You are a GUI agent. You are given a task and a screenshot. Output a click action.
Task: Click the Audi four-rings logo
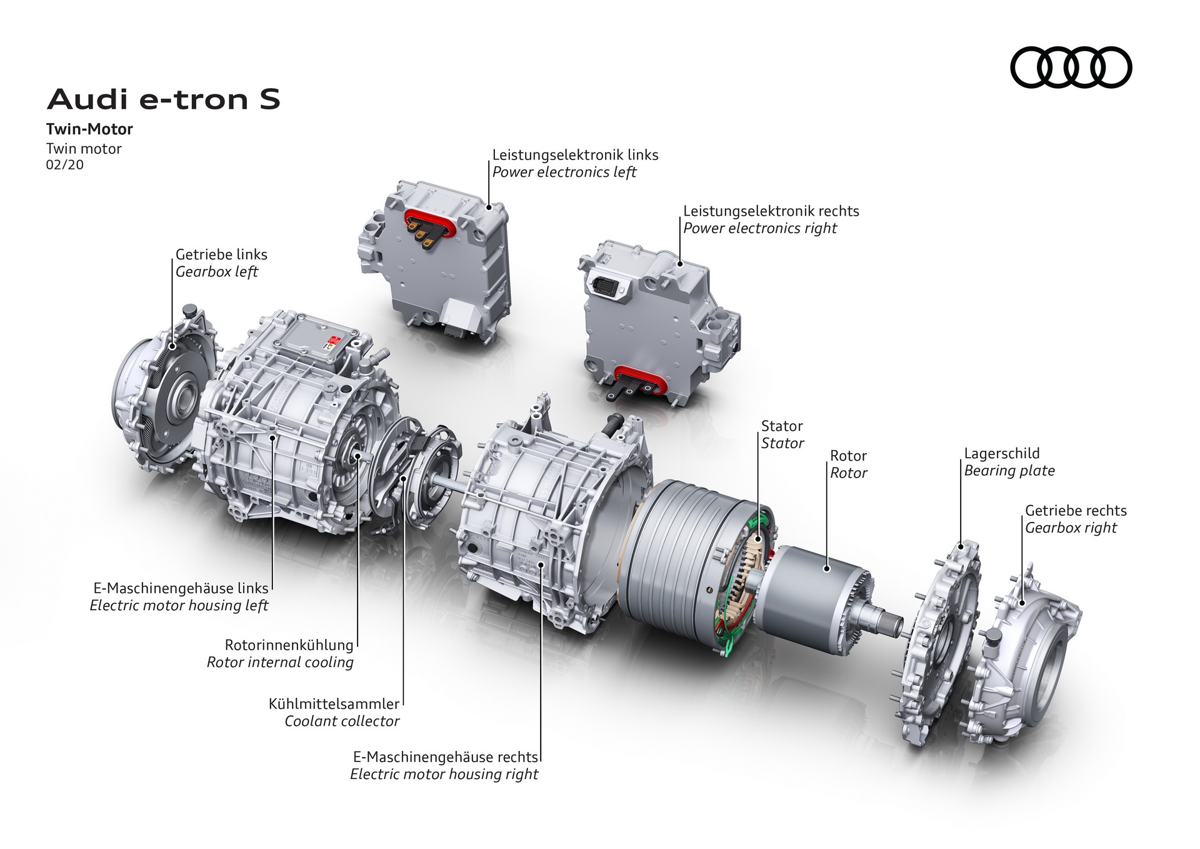click(x=1071, y=67)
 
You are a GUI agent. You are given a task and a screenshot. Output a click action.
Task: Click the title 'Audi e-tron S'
click(x=164, y=99)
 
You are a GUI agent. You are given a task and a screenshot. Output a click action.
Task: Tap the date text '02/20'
click(x=64, y=165)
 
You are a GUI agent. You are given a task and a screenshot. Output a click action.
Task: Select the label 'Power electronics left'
click(x=564, y=172)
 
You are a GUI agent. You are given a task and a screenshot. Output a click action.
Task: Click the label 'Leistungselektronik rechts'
click(x=771, y=211)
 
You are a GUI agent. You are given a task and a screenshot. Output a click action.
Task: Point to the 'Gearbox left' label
click(x=216, y=272)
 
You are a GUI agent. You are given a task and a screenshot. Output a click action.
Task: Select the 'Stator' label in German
click(x=781, y=426)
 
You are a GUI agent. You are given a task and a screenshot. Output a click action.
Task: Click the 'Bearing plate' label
click(x=1009, y=471)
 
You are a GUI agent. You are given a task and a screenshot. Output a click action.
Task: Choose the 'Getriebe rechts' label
click(x=1075, y=511)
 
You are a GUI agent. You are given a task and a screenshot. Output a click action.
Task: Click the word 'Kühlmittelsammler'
click(x=334, y=704)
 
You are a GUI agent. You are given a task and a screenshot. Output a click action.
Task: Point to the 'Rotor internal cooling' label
click(x=280, y=662)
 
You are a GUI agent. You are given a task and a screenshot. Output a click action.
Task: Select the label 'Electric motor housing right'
click(x=444, y=775)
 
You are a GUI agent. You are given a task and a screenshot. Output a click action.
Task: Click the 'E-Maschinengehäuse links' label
click(x=181, y=588)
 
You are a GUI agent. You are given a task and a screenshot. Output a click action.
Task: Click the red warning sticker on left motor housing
click(x=331, y=341)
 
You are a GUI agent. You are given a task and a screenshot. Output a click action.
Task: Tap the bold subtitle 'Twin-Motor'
click(x=89, y=129)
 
